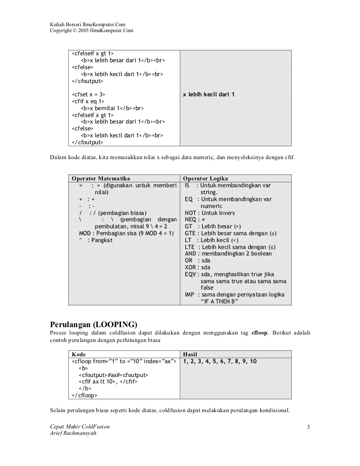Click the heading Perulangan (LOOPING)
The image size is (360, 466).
pos(93,324)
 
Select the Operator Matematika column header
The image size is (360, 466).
pos(101,178)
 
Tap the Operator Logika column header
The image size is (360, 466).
pos(206,178)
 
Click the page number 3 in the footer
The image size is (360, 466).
pos(308,427)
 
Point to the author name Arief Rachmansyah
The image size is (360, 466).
pos(73,433)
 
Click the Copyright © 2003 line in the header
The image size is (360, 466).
pos(91,31)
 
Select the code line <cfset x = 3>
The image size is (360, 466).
pos(89,94)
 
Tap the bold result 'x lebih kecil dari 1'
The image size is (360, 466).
pos(209,94)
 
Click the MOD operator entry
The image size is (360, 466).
pos(126,233)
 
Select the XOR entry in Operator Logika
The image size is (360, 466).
pos(197,267)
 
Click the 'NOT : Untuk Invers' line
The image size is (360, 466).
pos(210,213)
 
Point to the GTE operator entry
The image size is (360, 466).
pos(230,233)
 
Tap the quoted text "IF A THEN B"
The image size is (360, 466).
pos(220,301)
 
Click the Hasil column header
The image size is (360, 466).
pos(190,354)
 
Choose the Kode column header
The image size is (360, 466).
pos(79,354)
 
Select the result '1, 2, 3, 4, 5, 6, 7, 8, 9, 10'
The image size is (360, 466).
pos(220,361)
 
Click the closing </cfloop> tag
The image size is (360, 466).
pos(85,395)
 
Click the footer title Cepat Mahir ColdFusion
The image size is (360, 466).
pos(80,426)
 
